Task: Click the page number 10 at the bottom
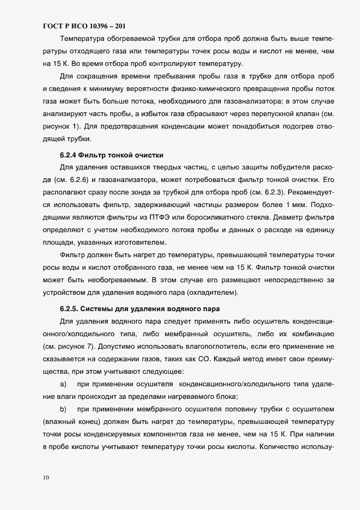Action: tap(46, 477)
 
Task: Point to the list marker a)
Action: tap(63, 384)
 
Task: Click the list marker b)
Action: tap(63, 408)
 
